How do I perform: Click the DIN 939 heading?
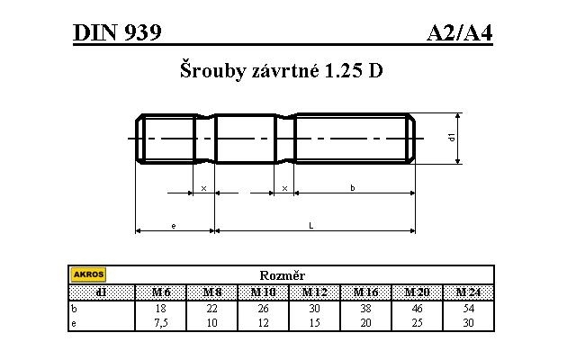(x=117, y=33)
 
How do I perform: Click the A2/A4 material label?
(x=460, y=33)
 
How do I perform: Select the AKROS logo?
(x=88, y=274)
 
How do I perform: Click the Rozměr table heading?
(x=282, y=275)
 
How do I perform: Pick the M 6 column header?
(x=162, y=292)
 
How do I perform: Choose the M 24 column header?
(x=469, y=292)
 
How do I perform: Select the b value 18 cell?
(x=162, y=307)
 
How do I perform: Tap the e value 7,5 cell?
(x=162, y=321)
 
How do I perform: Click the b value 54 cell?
(x=469, y=307)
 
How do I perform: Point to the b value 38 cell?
(x=366, y=307)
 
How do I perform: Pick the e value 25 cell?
(x=418, y=321)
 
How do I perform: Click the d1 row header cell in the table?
(x=101, y=292)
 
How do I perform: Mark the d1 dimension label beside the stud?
(x=451, y=137)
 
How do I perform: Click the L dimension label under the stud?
(x=311, y=225)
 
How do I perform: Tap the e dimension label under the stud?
(x=173, y=225)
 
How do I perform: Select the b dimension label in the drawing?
(x=353, y=187)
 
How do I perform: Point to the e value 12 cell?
(x=264, y=321)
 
